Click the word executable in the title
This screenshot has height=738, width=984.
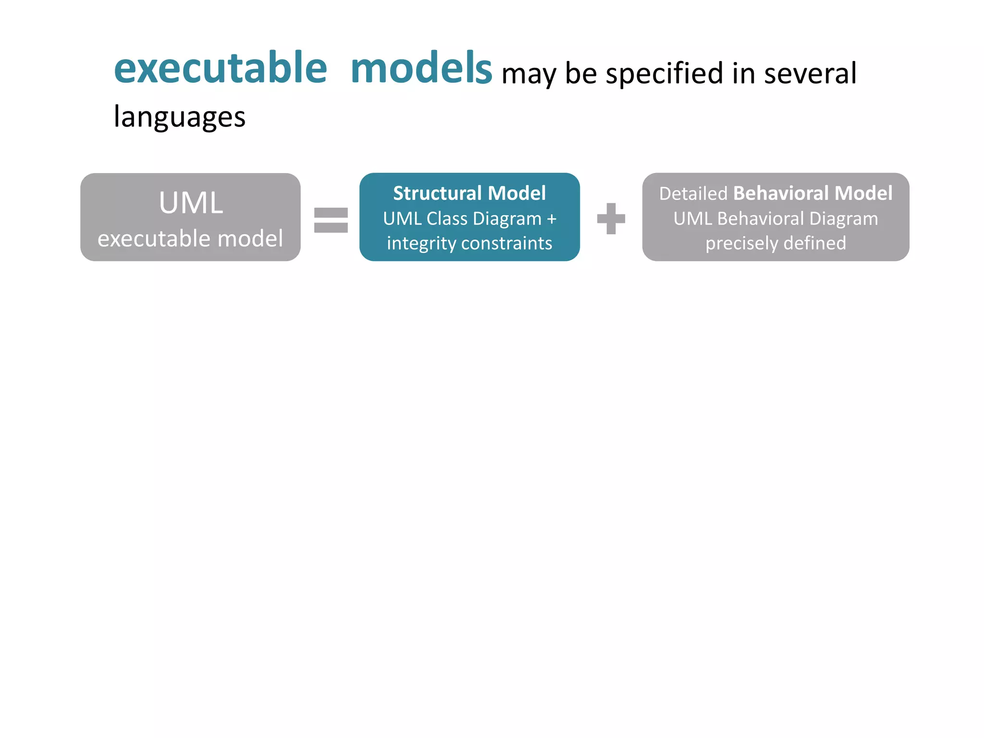coord(221,69)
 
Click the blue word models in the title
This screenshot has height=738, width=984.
coord(421,69)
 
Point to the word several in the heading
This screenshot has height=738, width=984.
coord(810,74)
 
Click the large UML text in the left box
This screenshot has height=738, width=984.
coord(191,203)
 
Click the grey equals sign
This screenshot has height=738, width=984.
coord(331,220)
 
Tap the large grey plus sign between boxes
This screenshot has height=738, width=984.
coord(611,219)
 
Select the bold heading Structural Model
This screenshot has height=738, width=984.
coord(469,193)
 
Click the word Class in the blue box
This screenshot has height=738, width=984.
coord(447,219)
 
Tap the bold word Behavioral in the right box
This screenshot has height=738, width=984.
coord(781,193)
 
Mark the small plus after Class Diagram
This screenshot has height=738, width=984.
coord(552,219)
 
